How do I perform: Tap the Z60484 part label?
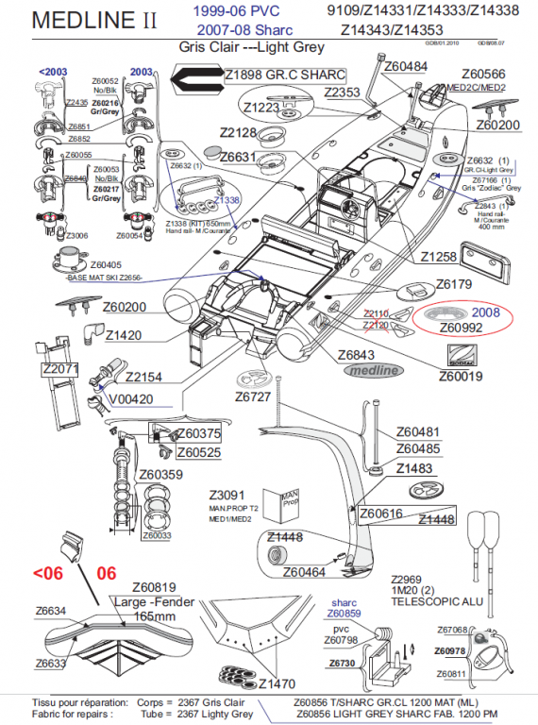(x=402, y=67)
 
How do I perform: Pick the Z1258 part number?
(x=438, y=257)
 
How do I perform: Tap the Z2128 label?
(x=239, y=132)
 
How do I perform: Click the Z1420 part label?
(x=124, y=335)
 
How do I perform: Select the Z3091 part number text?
(x=227, y=495)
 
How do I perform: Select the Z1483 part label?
(x=414, y=468)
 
